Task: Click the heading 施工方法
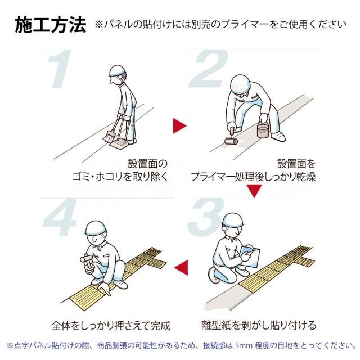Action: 51,25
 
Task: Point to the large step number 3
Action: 206,217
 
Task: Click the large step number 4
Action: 60,218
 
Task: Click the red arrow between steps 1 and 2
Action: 179,126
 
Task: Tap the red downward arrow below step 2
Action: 254,191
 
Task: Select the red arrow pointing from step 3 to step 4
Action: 181,268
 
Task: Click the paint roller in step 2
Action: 231,137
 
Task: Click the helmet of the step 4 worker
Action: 96,228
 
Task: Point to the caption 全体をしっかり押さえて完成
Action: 111,326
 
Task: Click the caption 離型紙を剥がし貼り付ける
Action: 259,325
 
